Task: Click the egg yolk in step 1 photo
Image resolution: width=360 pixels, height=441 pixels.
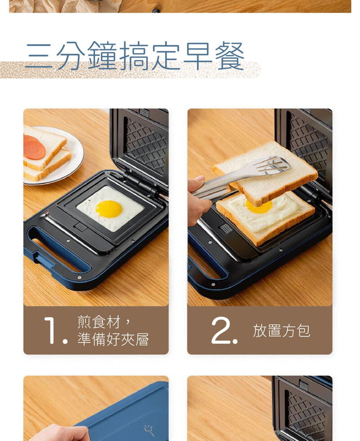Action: click(x=109, y=209)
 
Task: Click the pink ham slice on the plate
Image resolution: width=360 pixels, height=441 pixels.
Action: click(x=34, y=147)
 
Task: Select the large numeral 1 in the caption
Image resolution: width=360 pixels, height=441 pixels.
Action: click(x=51, y=331)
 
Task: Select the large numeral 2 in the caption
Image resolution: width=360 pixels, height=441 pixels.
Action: click(x=221, y=331)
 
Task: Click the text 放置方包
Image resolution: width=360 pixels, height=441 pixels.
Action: click(x=281, y=331)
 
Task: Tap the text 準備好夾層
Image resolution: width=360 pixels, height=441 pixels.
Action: click(x=113, y=339)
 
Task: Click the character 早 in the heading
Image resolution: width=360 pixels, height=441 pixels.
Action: click(x=198, y=55)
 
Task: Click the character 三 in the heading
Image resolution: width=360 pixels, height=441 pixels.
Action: click(x=39, y=55)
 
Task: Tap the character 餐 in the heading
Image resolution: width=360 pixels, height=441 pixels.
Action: click(x=229, y=55)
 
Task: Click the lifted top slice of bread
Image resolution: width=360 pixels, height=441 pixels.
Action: click(x=265, y=173)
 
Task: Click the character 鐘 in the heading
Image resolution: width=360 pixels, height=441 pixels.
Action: click(x=102, y=55)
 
